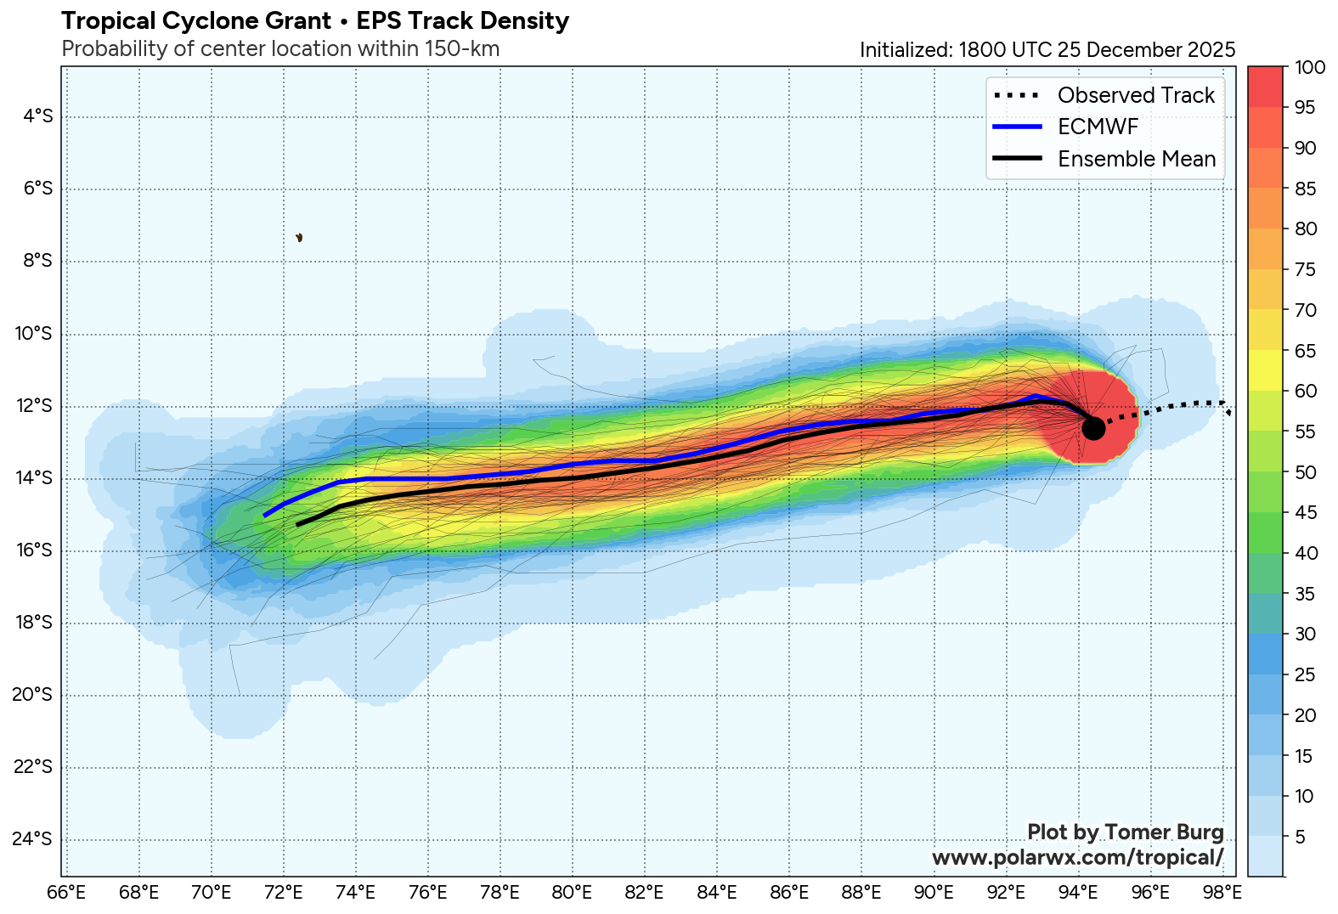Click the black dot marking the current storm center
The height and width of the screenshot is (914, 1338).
1093,428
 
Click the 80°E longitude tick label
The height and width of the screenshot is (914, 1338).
572,893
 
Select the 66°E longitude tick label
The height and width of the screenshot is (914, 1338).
66,893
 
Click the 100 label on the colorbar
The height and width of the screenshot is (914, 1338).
1309,68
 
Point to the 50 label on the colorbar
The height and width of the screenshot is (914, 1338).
1305,472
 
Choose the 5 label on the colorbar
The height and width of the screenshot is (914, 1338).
1300,838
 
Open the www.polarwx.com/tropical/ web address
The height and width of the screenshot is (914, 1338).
1077,857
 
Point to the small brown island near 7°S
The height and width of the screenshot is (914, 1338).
299,238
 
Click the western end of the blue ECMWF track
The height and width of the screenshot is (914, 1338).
265,516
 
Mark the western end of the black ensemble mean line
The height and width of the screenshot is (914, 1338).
297,525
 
